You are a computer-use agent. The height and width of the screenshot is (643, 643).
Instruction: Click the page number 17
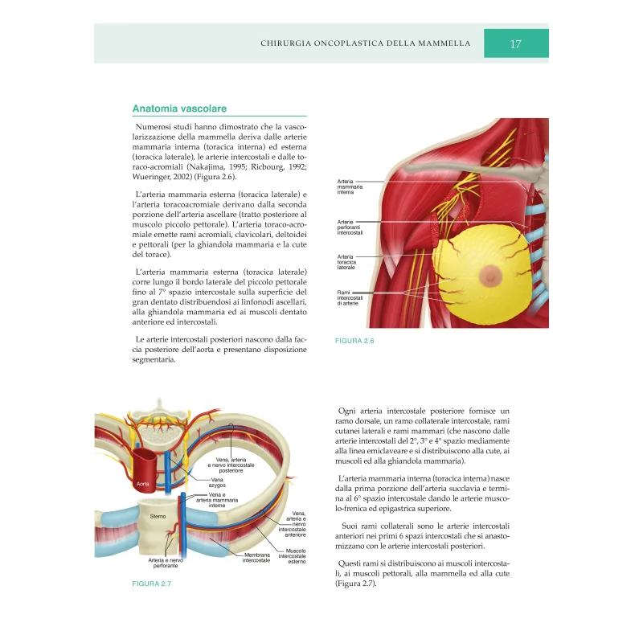[x=516, y=43]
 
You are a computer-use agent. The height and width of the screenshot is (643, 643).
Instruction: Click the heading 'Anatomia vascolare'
[x=179, y=109]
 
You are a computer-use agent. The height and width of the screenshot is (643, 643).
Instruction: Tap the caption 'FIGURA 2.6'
[x=354, y=341]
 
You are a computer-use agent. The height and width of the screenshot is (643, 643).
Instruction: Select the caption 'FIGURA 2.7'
[x=152, y=584]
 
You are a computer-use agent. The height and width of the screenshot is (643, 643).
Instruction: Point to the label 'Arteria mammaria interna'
[x=350, y=187]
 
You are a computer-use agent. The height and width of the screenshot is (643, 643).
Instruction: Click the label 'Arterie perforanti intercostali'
[x=350, y=227]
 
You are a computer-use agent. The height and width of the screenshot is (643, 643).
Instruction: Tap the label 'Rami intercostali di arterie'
[x=350, y=297]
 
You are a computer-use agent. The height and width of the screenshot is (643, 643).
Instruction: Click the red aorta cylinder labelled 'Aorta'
[x=145, y=474]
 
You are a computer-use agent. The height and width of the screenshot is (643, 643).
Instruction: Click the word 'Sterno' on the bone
[x=158, y=517]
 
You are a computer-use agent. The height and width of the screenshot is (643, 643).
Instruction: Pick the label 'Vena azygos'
[x=217, y=483]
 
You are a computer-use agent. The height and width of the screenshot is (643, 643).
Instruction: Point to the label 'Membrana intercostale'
[x=257, y=557]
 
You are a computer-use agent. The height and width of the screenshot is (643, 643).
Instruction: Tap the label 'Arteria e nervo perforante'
[x=166, y=563]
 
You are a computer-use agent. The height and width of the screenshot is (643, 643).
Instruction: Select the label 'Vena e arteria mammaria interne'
[x=216, y=500]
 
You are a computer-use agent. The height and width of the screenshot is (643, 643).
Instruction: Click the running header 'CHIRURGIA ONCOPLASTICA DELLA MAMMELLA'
[x=365, y=43]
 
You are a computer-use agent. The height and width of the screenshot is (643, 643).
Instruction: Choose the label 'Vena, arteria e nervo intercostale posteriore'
[x=231, y=465]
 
